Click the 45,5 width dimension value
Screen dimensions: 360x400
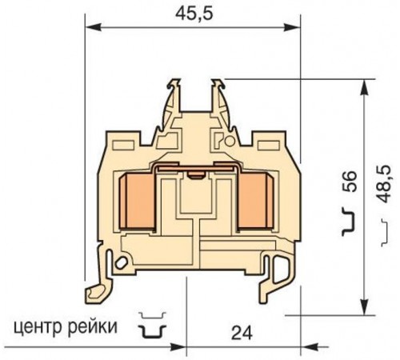189,11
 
